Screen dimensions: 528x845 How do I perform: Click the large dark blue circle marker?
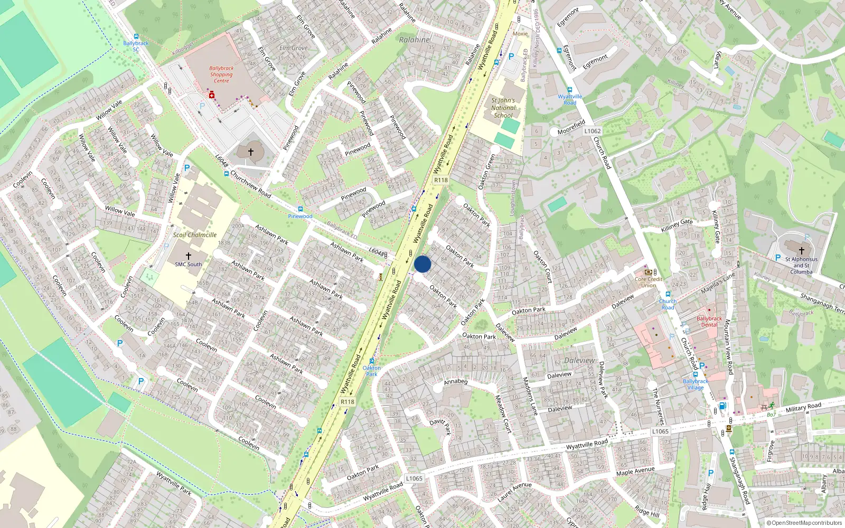click(x=422, y=264)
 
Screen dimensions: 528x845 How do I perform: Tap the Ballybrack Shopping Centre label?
click(x=221, y=74)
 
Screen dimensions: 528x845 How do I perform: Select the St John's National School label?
click(x=502, y=108)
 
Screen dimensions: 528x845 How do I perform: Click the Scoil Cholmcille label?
click(x=194, y=235)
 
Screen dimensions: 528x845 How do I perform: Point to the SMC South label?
click(x=189, y=265)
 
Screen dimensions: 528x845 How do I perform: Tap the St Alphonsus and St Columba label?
click(x=801, y=266)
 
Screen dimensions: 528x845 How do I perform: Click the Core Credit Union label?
click(x=649, y=282)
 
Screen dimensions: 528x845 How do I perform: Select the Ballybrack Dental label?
click(x=709, y=322)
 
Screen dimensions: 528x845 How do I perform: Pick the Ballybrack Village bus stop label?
click(x=696, y=384)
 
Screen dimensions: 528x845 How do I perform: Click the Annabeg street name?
click(x=455, y=382)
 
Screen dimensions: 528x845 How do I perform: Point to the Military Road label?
click(x=803, y=408)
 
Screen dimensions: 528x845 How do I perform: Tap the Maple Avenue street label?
click(x=635, y=471)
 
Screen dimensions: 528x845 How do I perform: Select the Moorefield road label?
click(x=571, y=127)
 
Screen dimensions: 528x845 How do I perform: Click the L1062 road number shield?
click(x=593, y=131)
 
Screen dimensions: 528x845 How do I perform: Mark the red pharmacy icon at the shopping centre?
click(x=212, y=95)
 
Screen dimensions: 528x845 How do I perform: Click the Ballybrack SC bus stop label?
click(x=136, y=46)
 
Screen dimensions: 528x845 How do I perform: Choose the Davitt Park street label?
click(x=440, y=426)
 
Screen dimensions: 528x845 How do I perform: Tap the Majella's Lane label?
click(x=718, y=284)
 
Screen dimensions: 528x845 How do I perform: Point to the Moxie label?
click(x=520, y=34)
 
